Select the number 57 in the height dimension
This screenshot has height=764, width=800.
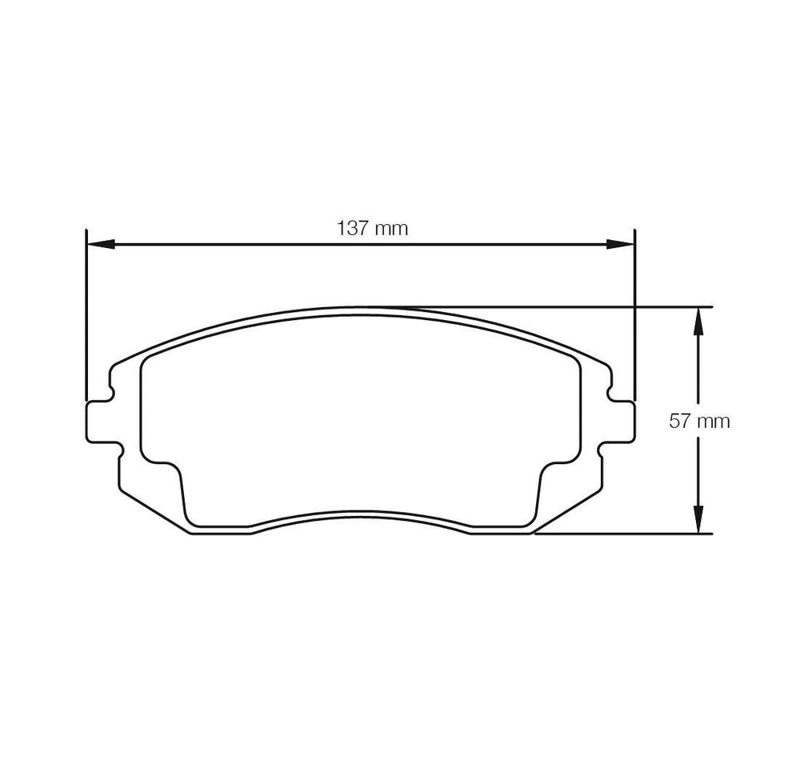(679, 421)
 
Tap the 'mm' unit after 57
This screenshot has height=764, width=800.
(713, 422)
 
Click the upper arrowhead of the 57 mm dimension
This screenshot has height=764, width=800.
(698, 320)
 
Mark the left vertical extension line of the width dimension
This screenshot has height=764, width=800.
(85, 320)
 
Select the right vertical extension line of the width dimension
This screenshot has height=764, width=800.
(634, 320)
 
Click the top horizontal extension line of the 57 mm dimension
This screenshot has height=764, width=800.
(560, 306)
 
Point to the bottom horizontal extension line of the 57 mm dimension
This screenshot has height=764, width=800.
(624, 532)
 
